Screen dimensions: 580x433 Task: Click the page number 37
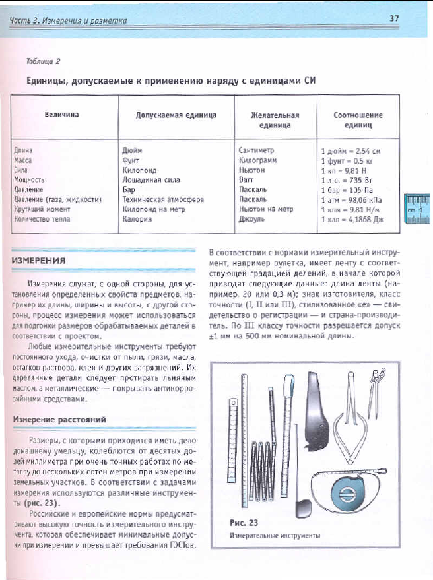click(x=395, y=18)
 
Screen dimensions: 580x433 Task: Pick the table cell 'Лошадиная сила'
click(x=151, y=179)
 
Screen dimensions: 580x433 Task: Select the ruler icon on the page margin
click(x=416, y=209)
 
